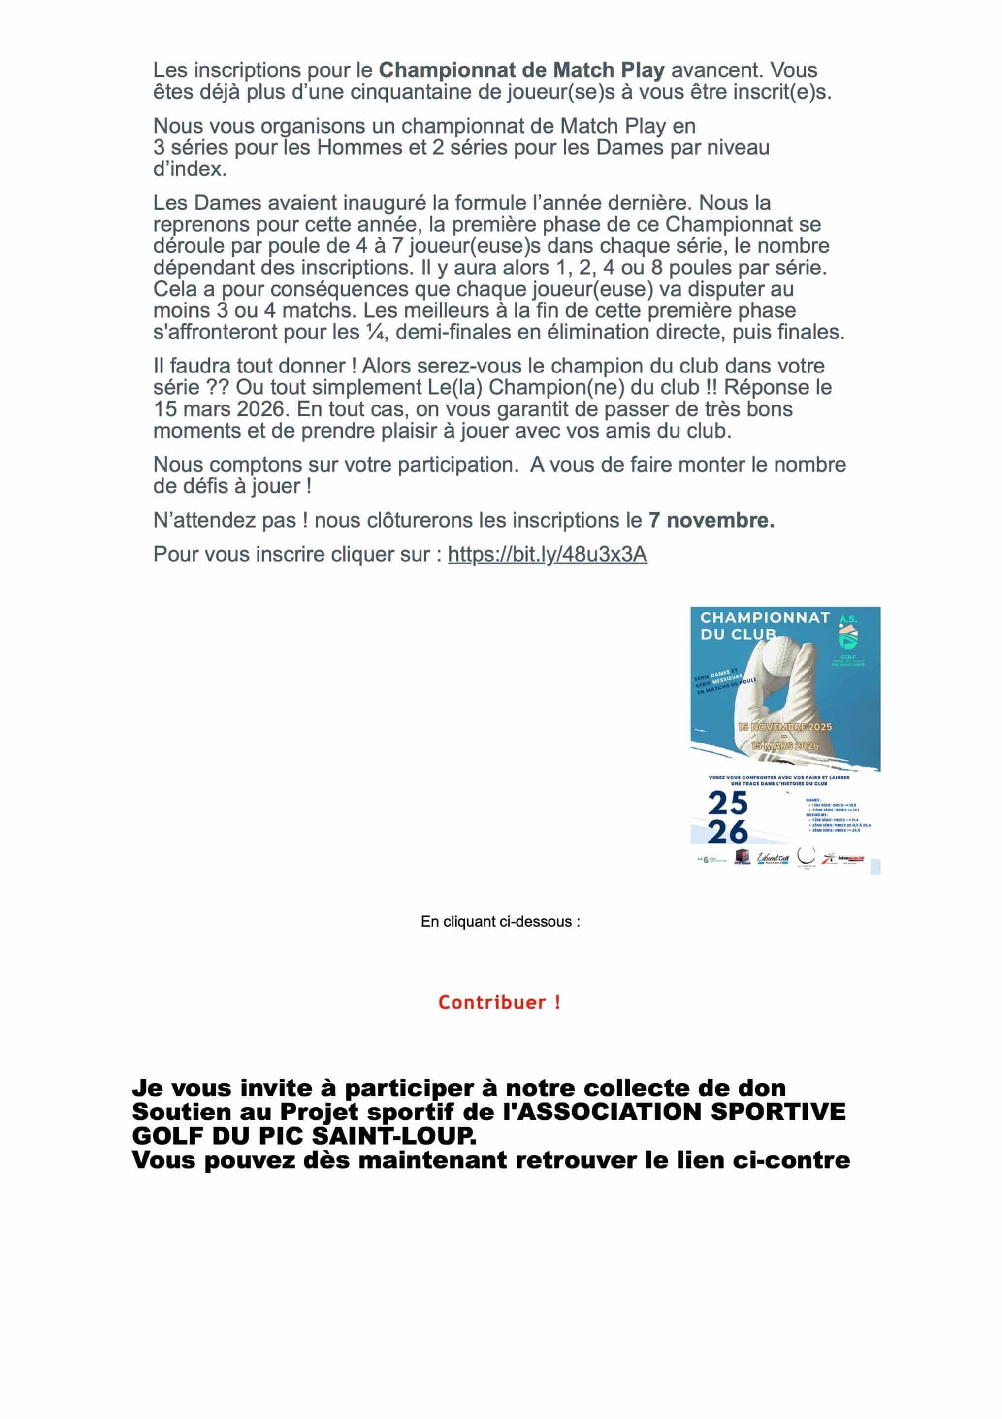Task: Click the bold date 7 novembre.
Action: (711, 520)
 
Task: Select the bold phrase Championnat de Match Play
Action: (521, 70)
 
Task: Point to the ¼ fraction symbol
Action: (375, 333)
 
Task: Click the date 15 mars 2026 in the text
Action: (219, 409)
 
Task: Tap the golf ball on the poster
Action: (778, 656)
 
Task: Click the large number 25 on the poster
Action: (728, 804)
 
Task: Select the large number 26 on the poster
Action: (728, 832)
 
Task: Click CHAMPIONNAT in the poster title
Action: (765, 617)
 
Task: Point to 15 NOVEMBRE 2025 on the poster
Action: (784, 727)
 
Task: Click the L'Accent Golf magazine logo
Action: (773, 858)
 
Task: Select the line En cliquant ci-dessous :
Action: (500, 921)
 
